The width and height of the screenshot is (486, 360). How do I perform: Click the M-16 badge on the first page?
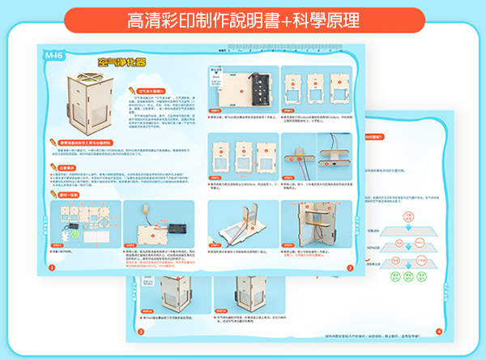[x=53, y=55]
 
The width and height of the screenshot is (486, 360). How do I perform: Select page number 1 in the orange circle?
[x=52, y=267]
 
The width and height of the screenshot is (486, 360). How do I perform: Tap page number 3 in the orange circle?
[x=140, y=331]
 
